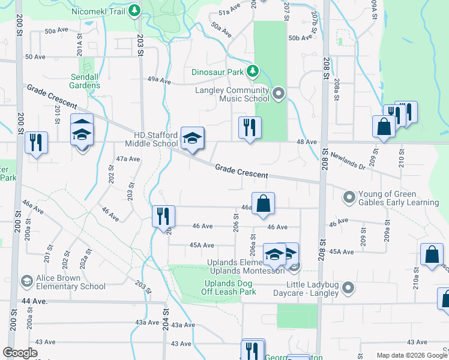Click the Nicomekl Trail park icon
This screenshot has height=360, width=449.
[135, 11]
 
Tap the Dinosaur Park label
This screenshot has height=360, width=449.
[217, 72]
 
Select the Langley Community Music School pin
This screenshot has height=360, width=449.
[278, 93]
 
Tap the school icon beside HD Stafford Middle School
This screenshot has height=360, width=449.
[193, 139]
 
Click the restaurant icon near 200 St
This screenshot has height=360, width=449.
[37, 143]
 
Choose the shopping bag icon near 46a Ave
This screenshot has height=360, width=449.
[263, 204]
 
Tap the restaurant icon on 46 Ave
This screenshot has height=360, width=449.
[163, 217]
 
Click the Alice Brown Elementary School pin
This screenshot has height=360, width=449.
[27, 281]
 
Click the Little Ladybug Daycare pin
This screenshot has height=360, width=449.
[348, 289]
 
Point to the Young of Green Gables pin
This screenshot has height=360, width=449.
[349, 197]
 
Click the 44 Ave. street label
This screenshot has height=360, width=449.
[34, 301]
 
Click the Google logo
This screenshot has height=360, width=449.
[20, 353]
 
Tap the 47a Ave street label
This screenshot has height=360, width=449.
[128, 159]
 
